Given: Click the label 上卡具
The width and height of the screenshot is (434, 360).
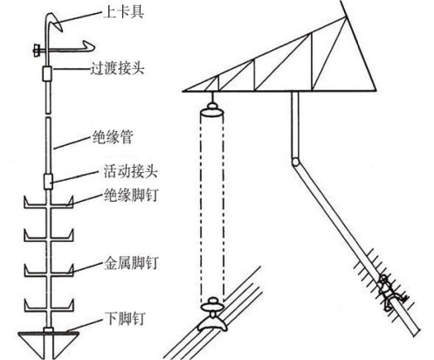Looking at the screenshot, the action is (123, 13).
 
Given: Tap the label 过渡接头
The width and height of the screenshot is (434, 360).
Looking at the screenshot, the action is (117, 69).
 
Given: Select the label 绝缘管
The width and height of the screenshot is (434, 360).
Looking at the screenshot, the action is (113, 136).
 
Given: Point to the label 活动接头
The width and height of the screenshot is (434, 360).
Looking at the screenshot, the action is (131, 171).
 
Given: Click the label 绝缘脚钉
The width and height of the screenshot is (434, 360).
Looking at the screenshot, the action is (131, 194).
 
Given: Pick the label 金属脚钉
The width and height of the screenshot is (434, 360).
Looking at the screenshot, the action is (131, 263).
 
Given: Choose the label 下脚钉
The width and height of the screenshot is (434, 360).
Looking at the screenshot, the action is (125, 318).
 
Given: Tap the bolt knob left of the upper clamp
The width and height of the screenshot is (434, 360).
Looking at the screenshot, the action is (37, 50).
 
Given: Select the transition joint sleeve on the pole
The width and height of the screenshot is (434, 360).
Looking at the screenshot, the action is (47, 73).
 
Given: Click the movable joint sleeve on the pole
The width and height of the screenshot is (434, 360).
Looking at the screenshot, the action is (48, 181).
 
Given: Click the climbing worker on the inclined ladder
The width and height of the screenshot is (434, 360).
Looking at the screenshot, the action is (389, 292).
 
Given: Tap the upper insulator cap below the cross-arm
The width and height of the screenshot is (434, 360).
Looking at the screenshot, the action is (212, 110).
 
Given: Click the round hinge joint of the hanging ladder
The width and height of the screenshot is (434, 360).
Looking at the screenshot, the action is (295, 162).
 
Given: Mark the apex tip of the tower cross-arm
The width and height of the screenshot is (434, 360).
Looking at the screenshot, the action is (347, 17).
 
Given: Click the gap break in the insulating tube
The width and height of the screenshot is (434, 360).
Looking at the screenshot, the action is (48, 115).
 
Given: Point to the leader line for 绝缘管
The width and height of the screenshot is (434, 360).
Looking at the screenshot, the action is (73, 142).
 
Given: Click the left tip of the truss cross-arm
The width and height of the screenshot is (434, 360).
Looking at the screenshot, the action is (183, 92).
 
